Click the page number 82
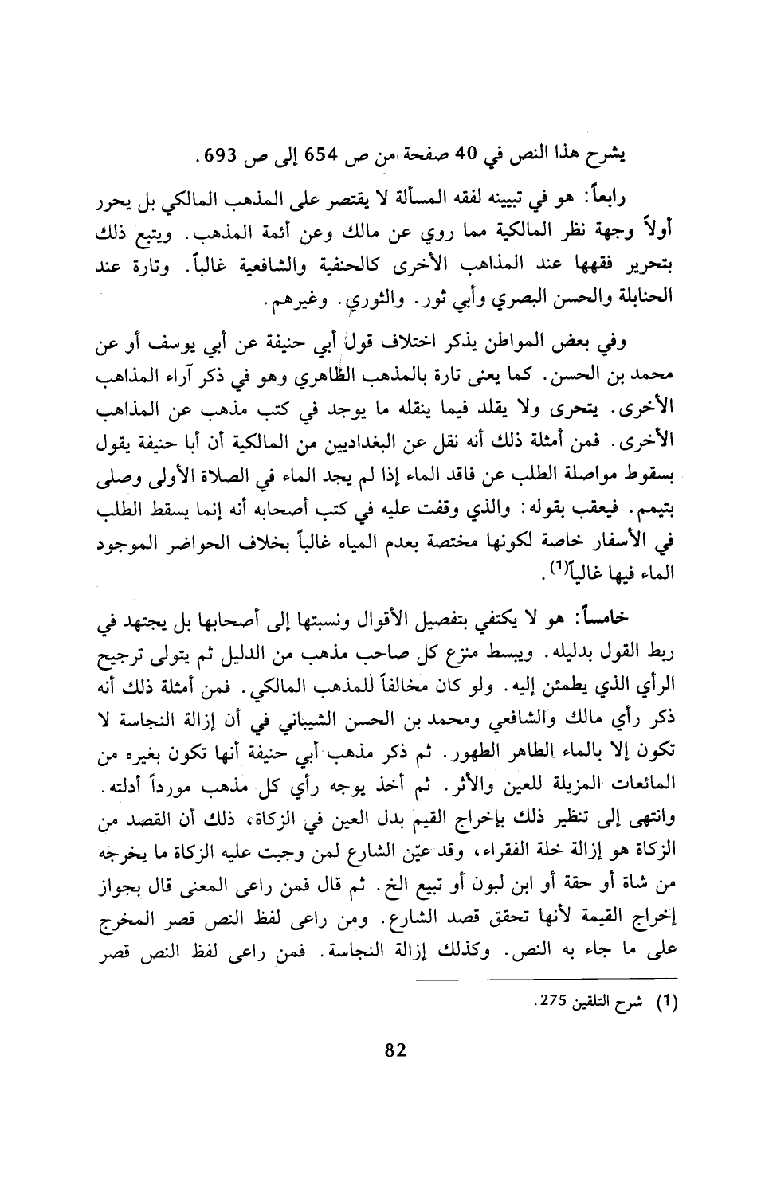point(396,1050)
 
